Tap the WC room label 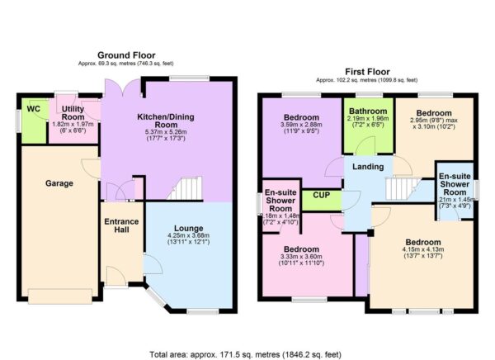coord(33,108)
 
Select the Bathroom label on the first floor coord(366,111)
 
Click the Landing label coord(367,168)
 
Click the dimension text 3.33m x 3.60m coord(300,258)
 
